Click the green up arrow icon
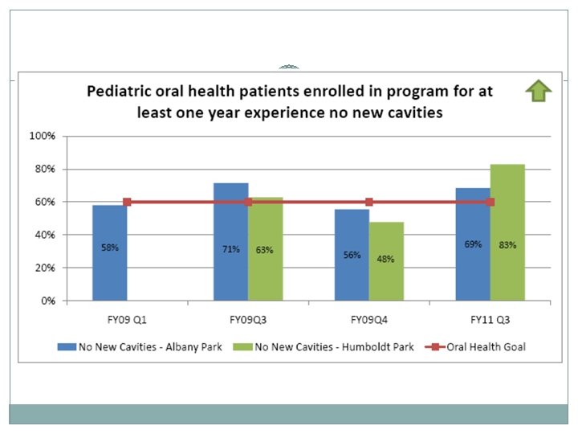[x=539, y=92]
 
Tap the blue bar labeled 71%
[x=230, y=243]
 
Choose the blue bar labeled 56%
[x=352, y=255]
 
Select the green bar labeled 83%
[x=507, y=233]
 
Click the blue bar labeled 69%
[x=473, y=244]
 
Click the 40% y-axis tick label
[x=43, y=235]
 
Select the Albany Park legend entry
[x=133, y=347]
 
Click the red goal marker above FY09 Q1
[x=127, y=202]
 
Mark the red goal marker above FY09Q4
[x=369, y=202]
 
